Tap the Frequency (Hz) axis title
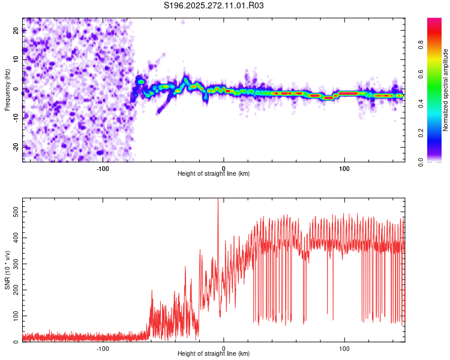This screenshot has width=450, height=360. [7, 90]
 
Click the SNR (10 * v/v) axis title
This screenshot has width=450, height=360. [7, 271]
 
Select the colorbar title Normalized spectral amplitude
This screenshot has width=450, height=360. [445, 90]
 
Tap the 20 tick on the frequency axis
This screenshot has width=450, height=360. [16, 31]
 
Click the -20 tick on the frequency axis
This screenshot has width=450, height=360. [15, 146]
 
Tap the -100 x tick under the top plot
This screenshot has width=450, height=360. [103, 168]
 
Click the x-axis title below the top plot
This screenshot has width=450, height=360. [214, 174]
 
